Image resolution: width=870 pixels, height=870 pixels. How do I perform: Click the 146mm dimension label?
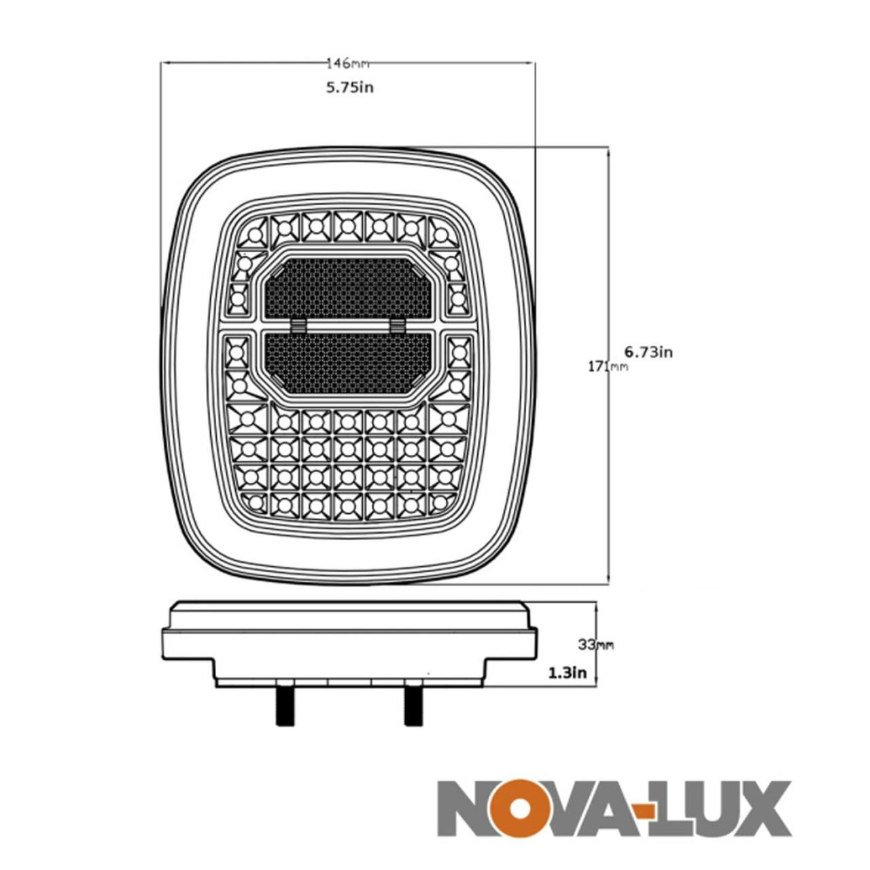point(348,64)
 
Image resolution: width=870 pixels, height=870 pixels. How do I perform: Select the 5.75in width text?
point(349,87)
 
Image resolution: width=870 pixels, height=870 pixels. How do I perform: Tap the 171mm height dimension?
point(608,367)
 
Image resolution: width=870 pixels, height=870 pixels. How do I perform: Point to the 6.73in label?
point(648,351)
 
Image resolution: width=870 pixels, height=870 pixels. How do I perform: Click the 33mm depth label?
point(595,645)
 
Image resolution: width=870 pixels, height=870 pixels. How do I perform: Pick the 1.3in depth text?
point(567,673)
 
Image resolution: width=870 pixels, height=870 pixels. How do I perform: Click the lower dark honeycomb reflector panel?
point(348,360)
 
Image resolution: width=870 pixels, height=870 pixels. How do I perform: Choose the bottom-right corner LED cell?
point(445,502)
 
